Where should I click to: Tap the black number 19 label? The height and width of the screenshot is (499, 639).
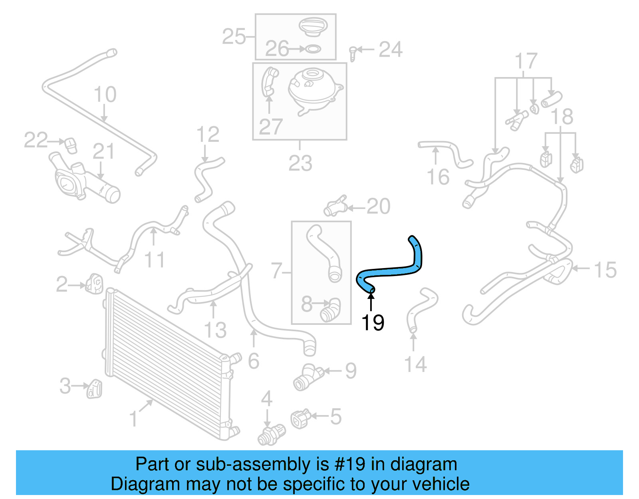click(372, 323)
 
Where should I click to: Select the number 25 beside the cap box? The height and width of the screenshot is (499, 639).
click(234, 37)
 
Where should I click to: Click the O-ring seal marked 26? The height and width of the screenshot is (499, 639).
click(313, 49)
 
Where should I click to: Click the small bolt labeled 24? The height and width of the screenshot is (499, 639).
click(353, 53)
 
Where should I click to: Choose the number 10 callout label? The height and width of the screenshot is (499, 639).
click(105, 95)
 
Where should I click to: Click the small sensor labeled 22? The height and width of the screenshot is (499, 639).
click(71, 145)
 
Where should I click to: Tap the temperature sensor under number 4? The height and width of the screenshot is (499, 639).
click(272, 435)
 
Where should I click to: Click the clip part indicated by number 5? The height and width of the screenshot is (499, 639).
click(300, 419)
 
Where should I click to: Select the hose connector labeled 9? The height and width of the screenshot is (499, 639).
click(308, 377)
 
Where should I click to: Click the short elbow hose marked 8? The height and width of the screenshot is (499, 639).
click(331, 310)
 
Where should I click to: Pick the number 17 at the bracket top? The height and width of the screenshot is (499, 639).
click(526, 61)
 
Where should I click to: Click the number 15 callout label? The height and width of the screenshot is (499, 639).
click(605, 270)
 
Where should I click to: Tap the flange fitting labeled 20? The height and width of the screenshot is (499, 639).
click(335, 206)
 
